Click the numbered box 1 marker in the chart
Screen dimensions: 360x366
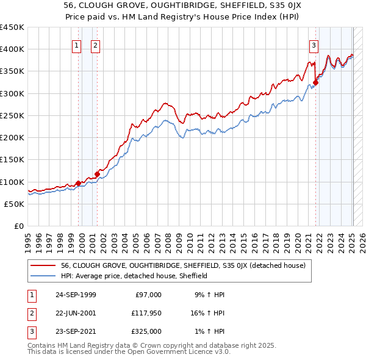77,45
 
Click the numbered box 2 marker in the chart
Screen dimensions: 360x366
96,45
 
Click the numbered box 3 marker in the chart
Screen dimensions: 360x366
314,45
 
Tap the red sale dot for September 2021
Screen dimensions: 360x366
316,82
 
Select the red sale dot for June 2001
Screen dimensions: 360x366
97,174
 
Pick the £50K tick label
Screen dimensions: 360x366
15,204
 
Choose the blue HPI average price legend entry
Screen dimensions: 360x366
134,276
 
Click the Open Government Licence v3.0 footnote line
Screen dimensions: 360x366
129,352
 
